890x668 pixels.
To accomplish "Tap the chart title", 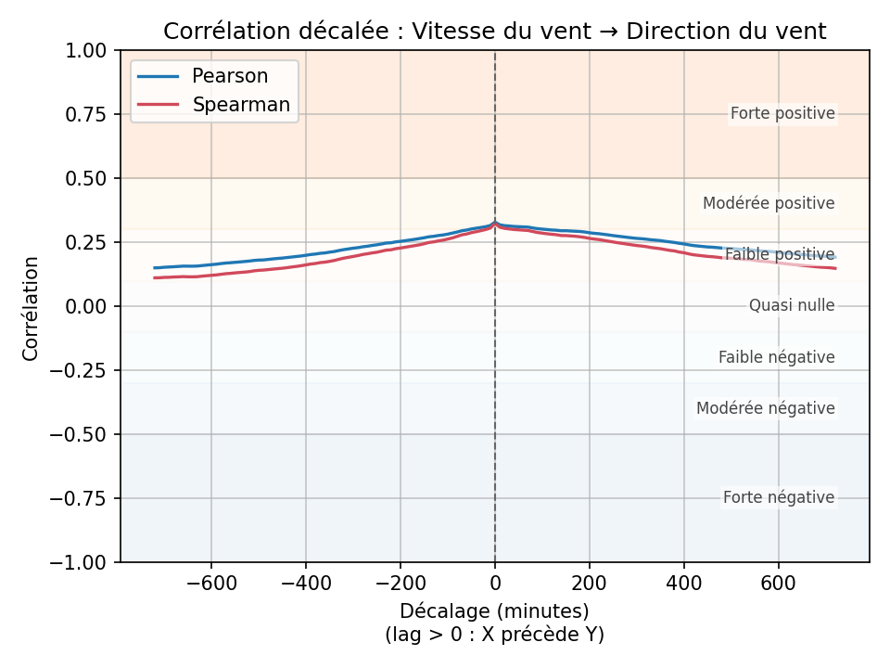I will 494,32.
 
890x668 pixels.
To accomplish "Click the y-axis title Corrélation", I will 32,308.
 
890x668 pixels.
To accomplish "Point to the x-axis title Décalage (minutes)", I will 494,611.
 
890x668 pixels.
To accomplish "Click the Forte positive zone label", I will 782,114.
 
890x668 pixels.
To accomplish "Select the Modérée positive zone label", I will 769,203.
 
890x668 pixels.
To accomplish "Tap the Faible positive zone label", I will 780,254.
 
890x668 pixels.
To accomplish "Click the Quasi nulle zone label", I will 792,305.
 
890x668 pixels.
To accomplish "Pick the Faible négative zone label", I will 776,357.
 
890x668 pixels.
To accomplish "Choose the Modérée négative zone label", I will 765,408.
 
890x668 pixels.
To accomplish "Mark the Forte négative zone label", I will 779,497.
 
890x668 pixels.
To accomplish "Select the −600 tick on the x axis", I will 211,582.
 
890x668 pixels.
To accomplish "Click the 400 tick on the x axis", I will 683,582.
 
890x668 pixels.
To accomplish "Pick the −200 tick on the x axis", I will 400,582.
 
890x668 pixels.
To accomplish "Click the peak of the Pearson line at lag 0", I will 494,223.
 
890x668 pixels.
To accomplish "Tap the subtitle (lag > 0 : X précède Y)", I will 494,635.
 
